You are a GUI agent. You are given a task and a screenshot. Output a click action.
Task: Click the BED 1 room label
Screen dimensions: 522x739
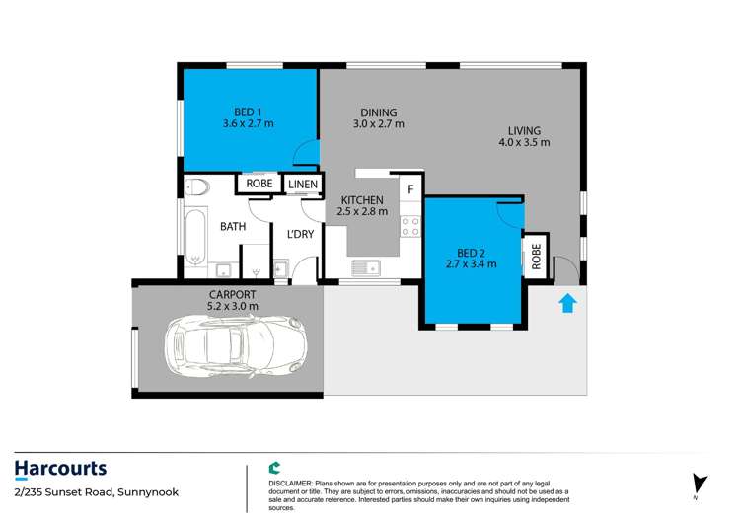click(x=248, y=112)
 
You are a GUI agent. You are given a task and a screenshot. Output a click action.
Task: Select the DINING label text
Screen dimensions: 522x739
click(x=378, y=112)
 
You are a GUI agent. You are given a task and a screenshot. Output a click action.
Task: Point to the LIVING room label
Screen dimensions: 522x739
click(x=524, y=130)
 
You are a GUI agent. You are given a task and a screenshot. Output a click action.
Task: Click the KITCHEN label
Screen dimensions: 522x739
click(x=362, y=199)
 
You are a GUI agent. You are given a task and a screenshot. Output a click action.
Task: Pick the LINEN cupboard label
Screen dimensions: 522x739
click(x=302, y=184)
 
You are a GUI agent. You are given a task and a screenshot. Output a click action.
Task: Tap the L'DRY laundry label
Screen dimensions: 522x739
click(x=300, y=234)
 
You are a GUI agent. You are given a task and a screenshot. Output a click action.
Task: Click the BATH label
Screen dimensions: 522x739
click(x=233, y=227)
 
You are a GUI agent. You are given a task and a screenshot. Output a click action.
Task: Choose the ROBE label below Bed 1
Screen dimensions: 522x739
click(x=259, y=184)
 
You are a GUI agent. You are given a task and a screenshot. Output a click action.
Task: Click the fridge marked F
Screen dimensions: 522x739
click(x=410, y=187)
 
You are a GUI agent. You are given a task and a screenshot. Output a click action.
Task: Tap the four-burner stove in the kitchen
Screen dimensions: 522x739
click(x=409, y=228)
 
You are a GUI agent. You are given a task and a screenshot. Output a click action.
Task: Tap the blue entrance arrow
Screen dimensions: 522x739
click(x=568, y=302)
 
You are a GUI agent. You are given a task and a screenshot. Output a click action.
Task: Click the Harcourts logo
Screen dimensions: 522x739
click(x=60, y=469)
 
